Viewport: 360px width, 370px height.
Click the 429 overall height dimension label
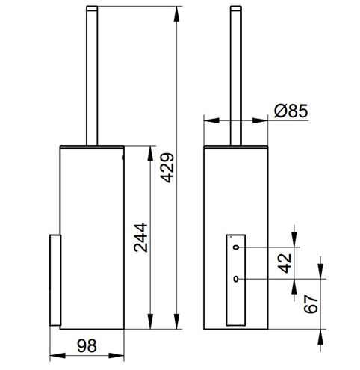click(167, 167)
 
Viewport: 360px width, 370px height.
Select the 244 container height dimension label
click(140, 238)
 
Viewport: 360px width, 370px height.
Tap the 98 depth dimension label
click(87, 346)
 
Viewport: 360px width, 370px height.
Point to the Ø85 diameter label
click(291, 111)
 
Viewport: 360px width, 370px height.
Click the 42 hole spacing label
click(285, 263)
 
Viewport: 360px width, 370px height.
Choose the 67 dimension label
click(311, 303)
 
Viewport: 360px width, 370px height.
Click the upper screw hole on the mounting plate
click(236, 247)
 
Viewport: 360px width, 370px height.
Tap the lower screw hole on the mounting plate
click(236, 279)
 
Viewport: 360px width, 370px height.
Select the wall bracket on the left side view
click(55, 280)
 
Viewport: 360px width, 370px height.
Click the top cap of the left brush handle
click(92, 8)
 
